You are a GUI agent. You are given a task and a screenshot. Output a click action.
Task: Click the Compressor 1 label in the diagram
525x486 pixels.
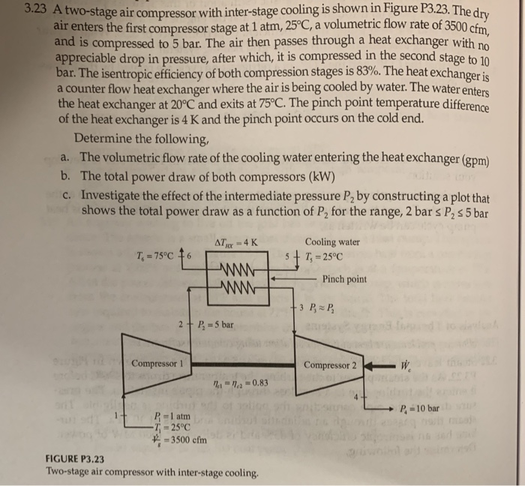[x=157, y=364]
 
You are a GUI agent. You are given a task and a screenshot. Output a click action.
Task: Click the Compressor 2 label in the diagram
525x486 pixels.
[x=330, y=365]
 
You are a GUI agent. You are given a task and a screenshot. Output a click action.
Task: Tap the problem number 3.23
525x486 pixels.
[x=36, y=9]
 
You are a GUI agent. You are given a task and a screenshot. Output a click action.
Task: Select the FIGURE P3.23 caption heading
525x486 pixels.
[x=75, y=458]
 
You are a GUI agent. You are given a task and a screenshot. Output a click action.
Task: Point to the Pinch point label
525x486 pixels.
[x=344, y=279]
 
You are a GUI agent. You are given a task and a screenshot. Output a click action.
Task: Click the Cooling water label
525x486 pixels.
[x=332, y=241]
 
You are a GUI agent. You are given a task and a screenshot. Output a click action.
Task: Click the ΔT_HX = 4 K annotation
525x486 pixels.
[x=236, y=243]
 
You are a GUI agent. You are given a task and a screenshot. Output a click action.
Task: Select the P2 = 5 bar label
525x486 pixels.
[x=216, y=324]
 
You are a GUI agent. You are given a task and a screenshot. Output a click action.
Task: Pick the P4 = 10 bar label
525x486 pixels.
[x=419, y=408]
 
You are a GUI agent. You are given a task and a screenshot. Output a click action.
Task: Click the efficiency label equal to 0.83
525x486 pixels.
[x=241, y=382]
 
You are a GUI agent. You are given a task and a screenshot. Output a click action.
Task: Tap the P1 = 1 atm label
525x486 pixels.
[x=172, y=416]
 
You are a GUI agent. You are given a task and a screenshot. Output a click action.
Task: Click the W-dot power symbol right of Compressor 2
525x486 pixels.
[x=405, y=366]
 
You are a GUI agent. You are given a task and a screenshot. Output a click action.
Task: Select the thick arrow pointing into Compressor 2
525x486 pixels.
[x=379, y=366]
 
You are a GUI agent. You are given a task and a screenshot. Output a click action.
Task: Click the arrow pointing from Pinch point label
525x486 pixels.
[x=293, y=278]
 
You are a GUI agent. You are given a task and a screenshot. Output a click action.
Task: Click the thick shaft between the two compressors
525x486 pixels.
[x=243, y=364]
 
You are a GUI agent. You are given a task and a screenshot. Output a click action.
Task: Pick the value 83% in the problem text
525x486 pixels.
[x=368, y=71]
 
